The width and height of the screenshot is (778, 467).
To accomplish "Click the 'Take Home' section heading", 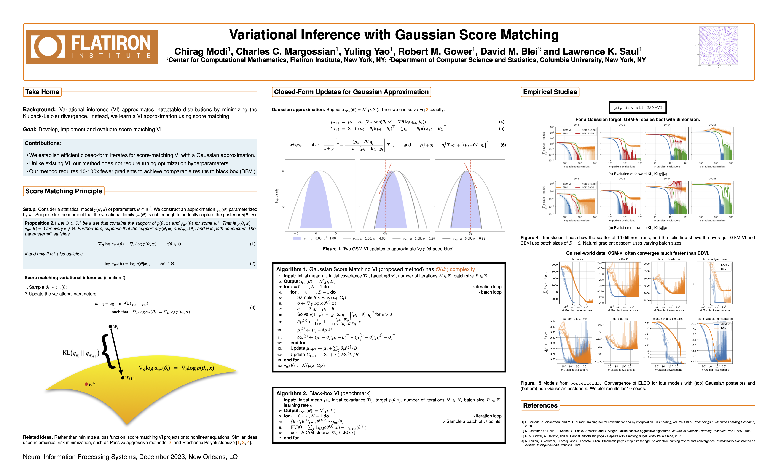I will (42, 92).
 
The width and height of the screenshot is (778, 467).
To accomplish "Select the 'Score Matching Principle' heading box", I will (64, 191).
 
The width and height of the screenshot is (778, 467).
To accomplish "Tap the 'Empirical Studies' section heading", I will (550, 92).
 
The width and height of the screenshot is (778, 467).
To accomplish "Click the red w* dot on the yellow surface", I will (86, 384).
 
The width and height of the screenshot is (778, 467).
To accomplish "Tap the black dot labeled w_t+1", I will (123, 378).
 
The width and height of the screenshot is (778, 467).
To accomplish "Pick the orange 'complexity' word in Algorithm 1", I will (462, 269).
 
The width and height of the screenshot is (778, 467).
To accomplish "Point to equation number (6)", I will (503, 145).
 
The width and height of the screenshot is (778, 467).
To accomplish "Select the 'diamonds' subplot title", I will (577, 259).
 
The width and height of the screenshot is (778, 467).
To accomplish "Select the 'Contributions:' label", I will (43, 143).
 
